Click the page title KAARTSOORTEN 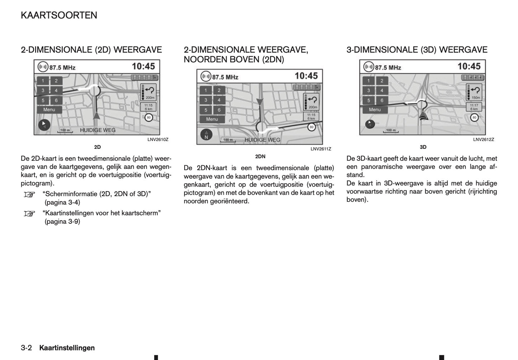click(59, 15)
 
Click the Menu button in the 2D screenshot click(49, 110)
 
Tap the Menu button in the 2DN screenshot click(212, 119)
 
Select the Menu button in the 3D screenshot click(375, 110)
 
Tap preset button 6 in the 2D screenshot click(56, 100)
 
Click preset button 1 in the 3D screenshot click(369, 81)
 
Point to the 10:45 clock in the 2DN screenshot click(306, 76)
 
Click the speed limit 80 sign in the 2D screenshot click(148, 117)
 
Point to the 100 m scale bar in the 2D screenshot click(65, 130)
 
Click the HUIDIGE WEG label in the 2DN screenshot click(262, 140)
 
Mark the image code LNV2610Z click(158, 140)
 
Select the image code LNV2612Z click(483, 140)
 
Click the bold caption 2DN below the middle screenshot click(260, 156)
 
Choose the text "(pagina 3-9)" click(62, 222)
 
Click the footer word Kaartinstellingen click(67, 348)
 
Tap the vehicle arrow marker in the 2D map click(96, 115)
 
